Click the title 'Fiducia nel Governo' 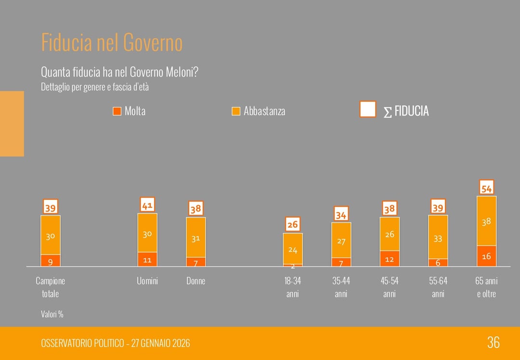(112, 42)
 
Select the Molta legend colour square (117, 111)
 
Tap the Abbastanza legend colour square (235, 111)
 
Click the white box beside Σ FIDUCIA (367, 109)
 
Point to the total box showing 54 (486, 187)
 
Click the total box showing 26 (293, 224)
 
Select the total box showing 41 (147, 205)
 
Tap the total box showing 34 (341, 214)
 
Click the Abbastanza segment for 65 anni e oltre (486, 221)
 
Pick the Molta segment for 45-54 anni (390, 259)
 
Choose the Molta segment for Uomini (147, 259)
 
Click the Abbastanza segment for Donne (195, 238)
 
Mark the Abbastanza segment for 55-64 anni (438, 237)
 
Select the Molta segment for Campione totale (51, 260)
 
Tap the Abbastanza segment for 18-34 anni (293, 249)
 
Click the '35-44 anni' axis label (341, 287)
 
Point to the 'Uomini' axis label (147, 280)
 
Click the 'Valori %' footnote (52, 314)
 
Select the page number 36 (493, 343)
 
